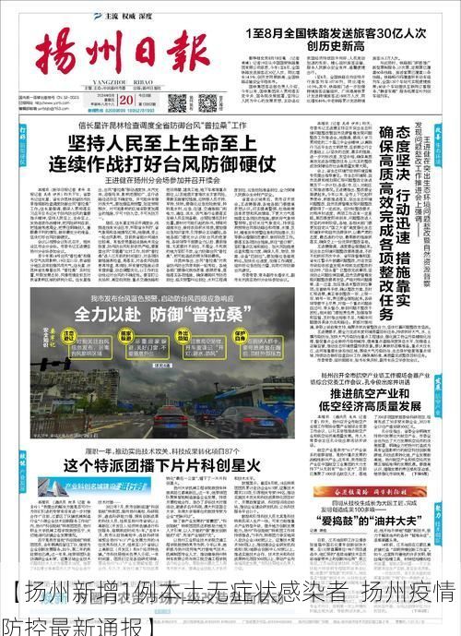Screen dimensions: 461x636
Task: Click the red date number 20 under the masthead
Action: [x=124, y=101]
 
